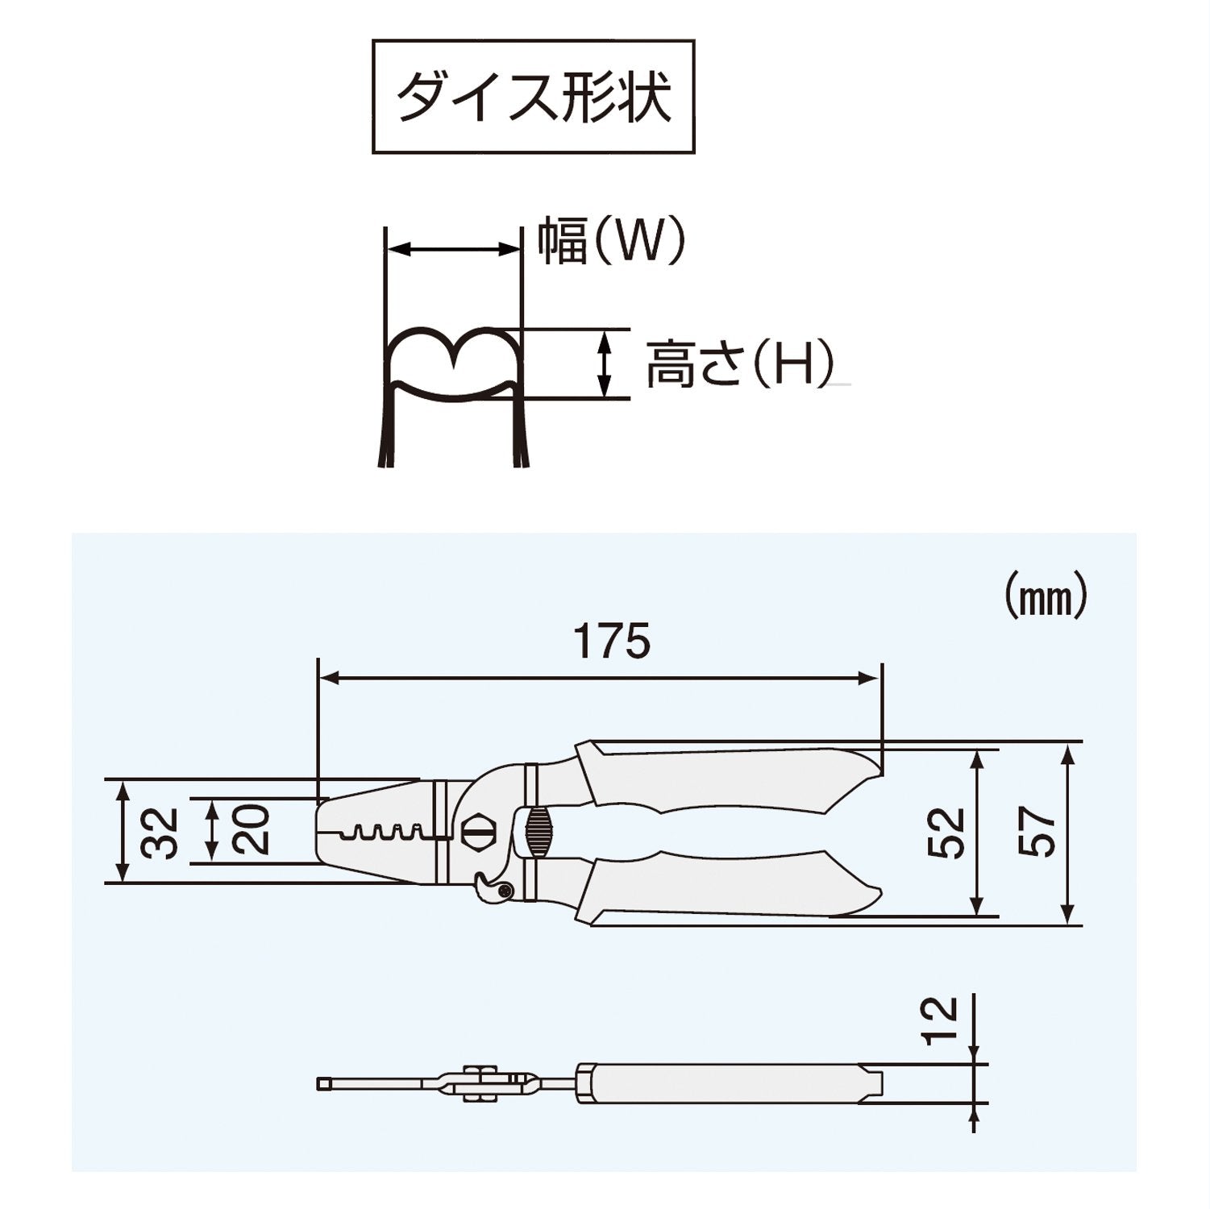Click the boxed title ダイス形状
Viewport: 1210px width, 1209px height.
click(533, 98)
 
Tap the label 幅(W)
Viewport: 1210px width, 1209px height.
click(611, 241)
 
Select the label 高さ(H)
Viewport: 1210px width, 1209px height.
click(739, 364)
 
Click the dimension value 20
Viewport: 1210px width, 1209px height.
click(252, 830)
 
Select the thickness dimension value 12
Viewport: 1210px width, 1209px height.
click(940, 1020)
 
